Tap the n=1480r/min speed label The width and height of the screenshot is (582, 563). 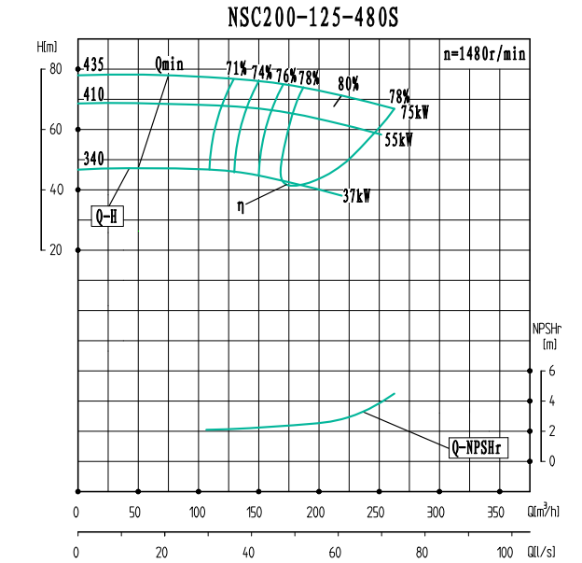[x=484, y=53]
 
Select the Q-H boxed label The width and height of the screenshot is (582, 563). [x=109, y=217]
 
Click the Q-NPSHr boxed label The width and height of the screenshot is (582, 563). [x=478, y=448]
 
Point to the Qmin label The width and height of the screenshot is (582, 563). [x=169, y=64]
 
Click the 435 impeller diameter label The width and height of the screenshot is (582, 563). [x=93, y=65]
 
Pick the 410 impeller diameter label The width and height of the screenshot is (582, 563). [x=93, y=94]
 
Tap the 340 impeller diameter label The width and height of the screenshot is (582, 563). [x=93, y=159]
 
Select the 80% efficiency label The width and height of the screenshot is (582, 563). [x=349, y=84]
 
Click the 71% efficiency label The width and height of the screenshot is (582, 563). [x=237, y=69]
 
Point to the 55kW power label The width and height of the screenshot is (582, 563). [x=398, y=140]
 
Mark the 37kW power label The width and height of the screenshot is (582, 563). [x=356, y=197]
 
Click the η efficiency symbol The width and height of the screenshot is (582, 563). [x=241, y=207]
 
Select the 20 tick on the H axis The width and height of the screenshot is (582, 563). [x=55, y=250]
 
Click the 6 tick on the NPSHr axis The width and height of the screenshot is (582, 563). [x=552, y=371]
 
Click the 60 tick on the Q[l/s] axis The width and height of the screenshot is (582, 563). [x=335, y=552]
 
